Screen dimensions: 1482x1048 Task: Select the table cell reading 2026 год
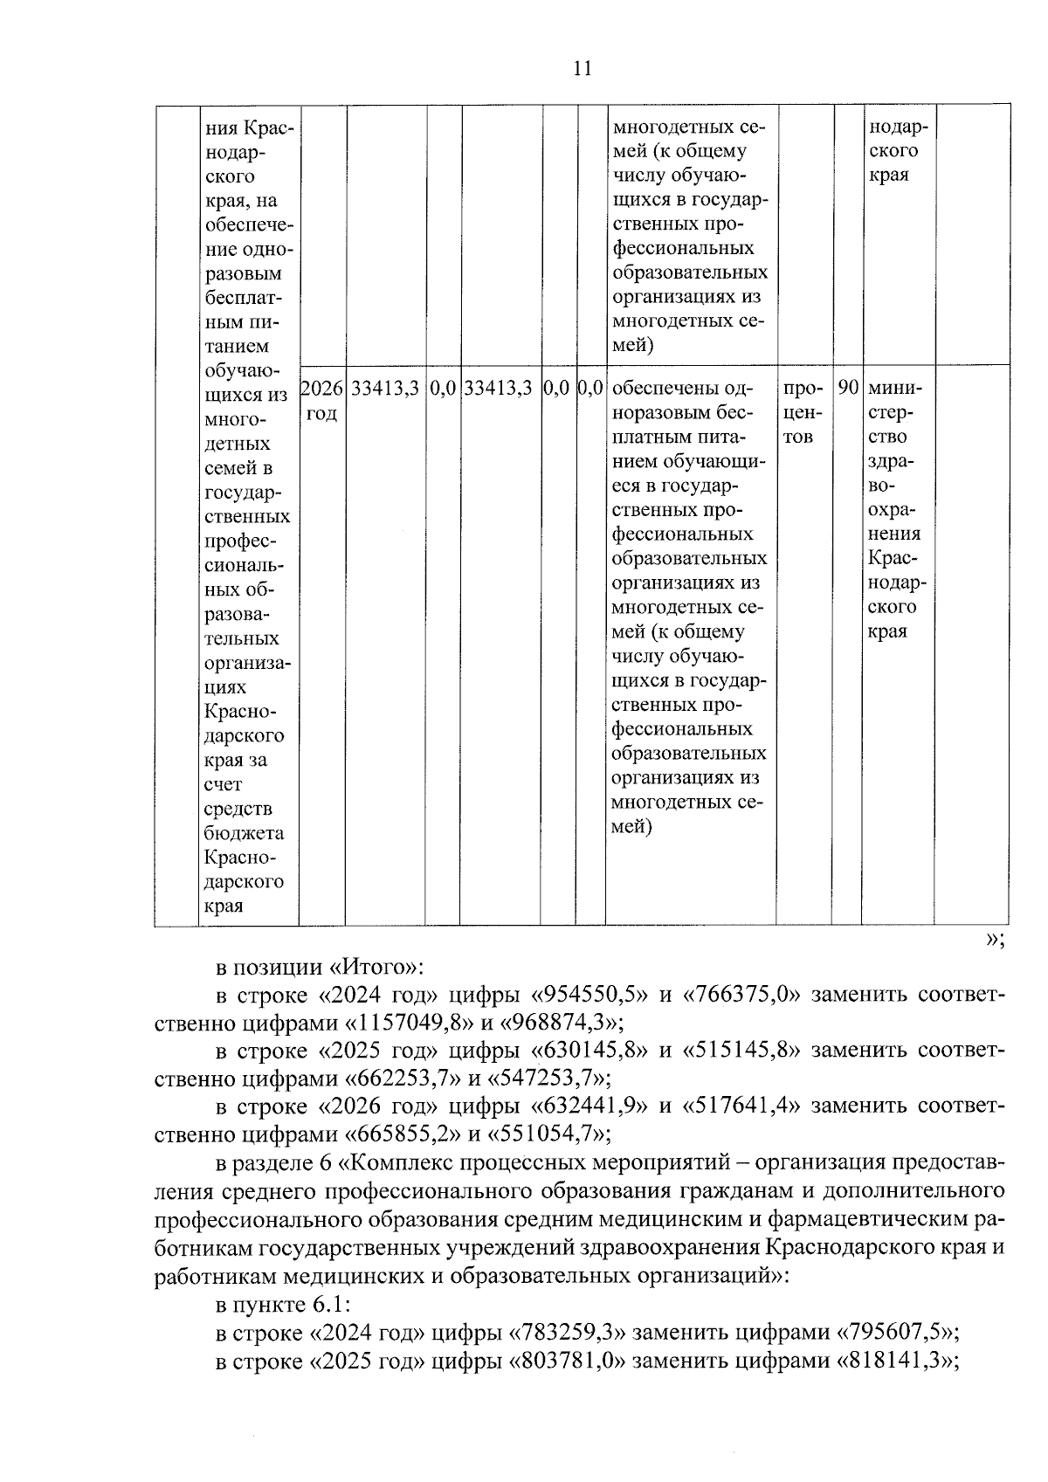coord(322,400)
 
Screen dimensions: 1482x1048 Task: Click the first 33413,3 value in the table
coord(385,388)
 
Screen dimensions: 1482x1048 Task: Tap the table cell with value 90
coord(847,388)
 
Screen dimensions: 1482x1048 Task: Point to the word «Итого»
coord(376,967)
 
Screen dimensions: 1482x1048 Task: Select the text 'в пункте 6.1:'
coord(283,1304)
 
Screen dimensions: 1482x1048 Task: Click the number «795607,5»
coord(896,1333)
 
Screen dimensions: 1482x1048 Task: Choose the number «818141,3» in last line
coord(896,1361)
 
